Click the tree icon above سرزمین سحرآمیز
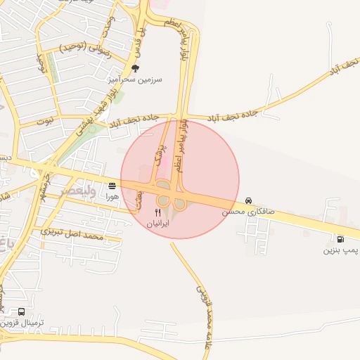click(x=135, y=68)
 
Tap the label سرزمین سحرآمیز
click(x=136, y=79)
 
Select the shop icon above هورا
click(x=112, y=186)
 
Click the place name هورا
click(x=112, y=197)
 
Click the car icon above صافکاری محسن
click(x=248, y=200)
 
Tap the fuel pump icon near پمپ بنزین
click(x=340, y=239)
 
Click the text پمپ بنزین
click(x=341, y=250)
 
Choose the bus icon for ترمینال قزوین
click(x=21, y=311)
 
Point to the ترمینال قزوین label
click(x=22, y=323)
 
